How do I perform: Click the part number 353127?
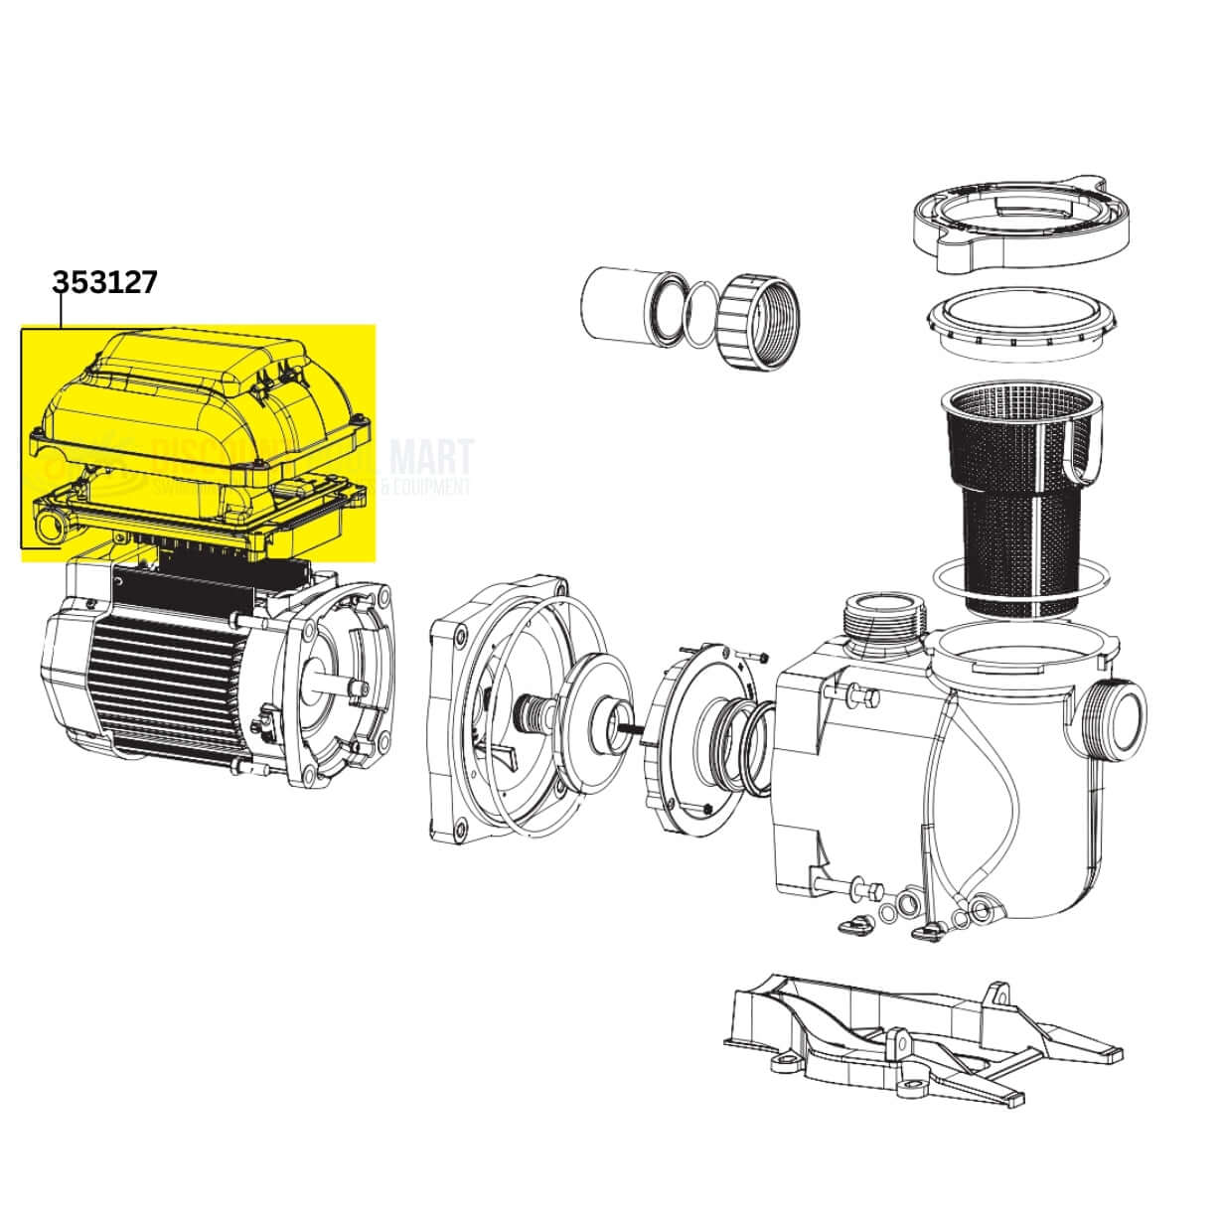coord(104,282)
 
